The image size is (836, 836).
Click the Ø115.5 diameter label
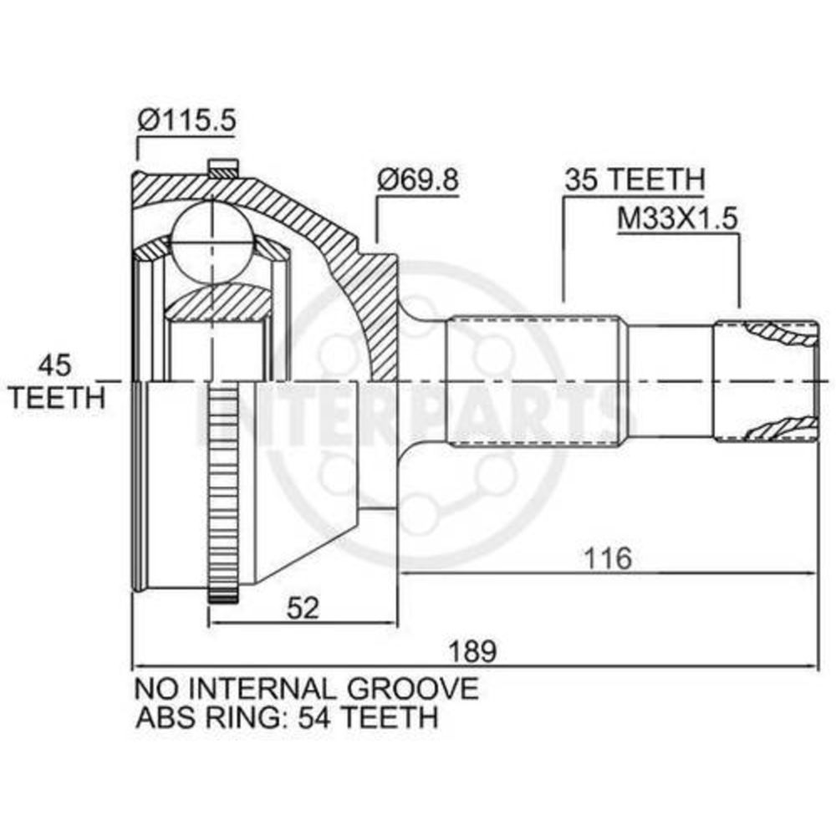click(x=186, y=121)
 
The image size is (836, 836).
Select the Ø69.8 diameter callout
click(x=417, y=181)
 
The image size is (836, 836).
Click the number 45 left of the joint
click(x=54, y=366)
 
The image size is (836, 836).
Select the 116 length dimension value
click(x=608, y=558)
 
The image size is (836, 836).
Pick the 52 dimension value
click(x=303, y=608)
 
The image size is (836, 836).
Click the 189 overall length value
click(x=472, y=651)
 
